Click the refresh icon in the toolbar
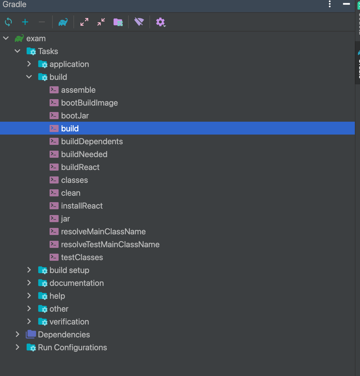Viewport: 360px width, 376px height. (8, 22)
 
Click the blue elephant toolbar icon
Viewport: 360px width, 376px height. (63, 22)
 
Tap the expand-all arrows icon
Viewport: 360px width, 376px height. (84, 22)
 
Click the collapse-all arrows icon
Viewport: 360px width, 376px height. (101, 22)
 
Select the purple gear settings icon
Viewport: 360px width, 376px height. (160, 22)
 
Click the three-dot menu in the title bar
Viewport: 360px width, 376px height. (330, 4)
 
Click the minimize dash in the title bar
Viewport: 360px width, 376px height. (346, 4)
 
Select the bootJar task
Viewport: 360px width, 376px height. (75, 116)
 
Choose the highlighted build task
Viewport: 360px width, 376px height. (70, 128)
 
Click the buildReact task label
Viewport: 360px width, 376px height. (81, 167)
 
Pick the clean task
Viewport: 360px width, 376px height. (71, 193)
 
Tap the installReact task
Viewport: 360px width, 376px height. (82, 206)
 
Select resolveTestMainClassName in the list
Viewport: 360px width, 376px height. (110, 245)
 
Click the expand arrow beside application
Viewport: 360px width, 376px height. (29, 64)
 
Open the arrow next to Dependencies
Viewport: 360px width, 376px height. (17, 334)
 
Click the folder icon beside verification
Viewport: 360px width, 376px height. (43, 322)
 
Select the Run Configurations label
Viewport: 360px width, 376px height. (72, 347)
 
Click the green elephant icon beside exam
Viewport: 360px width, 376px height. (19, 38)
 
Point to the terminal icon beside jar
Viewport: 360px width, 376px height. (54, 219)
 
